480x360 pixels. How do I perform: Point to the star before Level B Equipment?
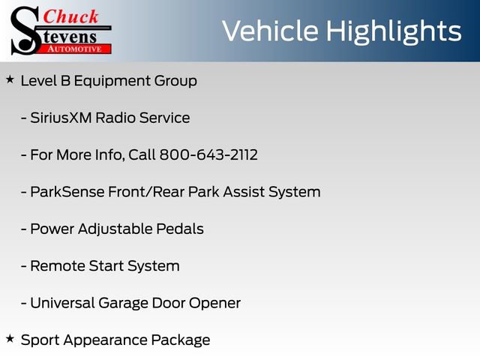click(x=9, y=79)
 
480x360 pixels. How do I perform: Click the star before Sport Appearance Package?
click(x=9, y=338)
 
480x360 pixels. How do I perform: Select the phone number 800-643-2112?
click(x=208, y=155)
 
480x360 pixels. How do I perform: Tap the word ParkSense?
click(x=63, y=192)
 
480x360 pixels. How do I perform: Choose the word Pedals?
click(x=181, y=229)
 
